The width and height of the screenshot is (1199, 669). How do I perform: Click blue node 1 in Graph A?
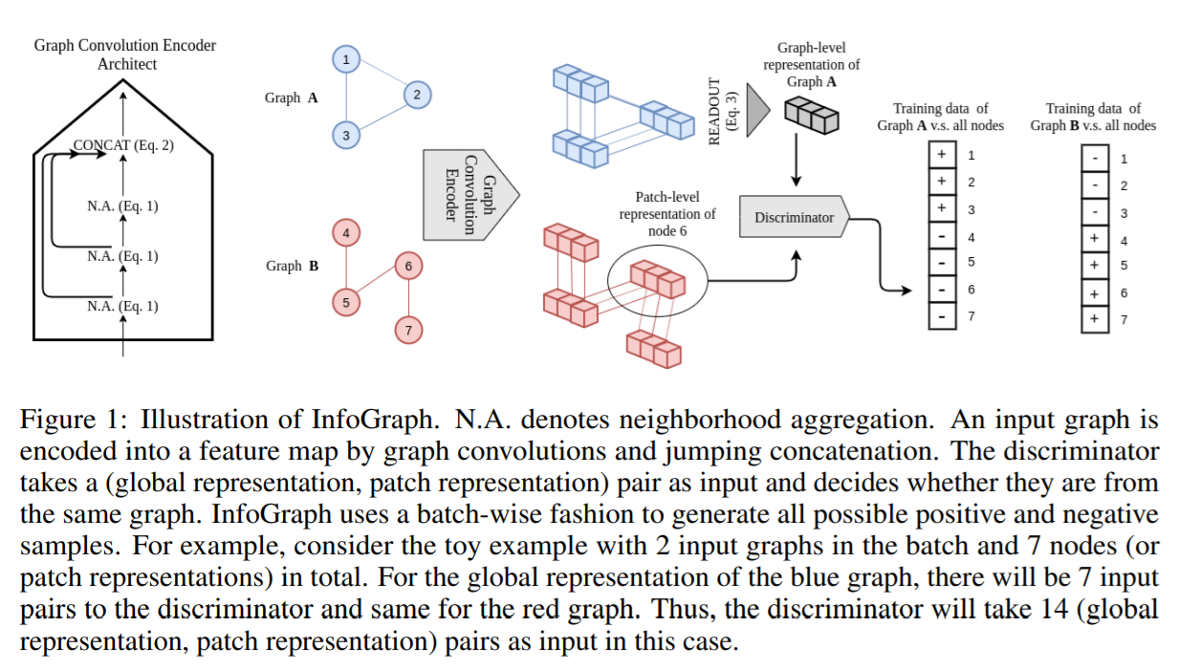345,60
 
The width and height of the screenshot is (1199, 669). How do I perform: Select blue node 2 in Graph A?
417,95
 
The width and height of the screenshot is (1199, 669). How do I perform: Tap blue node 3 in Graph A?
345,136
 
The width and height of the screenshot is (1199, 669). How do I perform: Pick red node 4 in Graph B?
345,232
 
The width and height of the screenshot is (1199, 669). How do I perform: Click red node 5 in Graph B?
345,303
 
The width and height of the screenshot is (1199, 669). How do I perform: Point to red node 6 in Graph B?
408,266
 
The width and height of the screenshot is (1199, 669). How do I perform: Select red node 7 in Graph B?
408,331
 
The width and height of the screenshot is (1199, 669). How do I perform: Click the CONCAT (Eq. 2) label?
123,146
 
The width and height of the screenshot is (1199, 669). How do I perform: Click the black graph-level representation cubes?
811,115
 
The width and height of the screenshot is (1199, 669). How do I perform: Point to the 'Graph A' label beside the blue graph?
292,97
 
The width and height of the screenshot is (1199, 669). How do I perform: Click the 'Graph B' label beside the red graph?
292,266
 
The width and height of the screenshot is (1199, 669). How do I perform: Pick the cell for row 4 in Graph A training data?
942,236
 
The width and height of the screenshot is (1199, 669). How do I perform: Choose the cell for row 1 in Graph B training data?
1094,159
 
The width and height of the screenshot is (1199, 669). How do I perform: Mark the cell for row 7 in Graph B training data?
1094,318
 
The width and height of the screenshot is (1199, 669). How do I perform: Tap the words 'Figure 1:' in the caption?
76,420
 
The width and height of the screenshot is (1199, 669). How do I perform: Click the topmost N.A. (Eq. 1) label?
122,205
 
